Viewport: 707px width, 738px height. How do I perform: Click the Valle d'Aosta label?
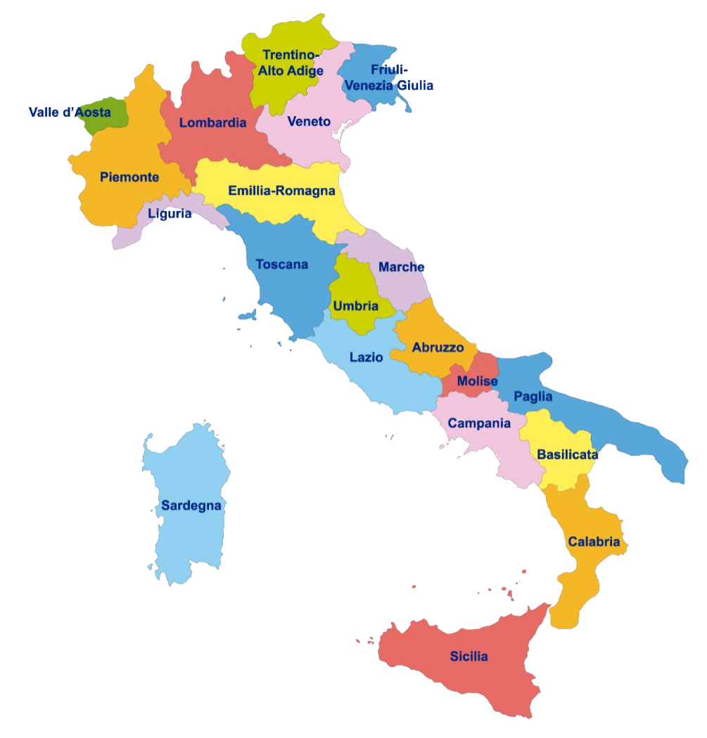click(x=70, y=112)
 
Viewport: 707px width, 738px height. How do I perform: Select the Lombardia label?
click(x=212, y=123)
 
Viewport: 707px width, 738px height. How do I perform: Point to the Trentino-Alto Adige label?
click(x=291, y=63)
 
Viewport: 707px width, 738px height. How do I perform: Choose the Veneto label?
click(x=309, y=122)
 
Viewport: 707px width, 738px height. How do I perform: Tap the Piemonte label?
click(x=129, y=177)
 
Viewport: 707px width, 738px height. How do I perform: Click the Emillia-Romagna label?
click(x=281, y=191)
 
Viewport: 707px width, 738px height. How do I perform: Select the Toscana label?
click(x=281, y=265)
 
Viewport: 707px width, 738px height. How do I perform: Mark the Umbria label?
click(x=355, y=306)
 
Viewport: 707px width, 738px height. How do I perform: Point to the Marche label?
click(x=401, y=267)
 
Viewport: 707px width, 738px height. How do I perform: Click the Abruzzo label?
click(x=438, y=348)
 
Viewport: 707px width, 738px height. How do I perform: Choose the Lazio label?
click(x=367, y=357)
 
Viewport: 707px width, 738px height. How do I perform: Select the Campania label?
click(x=479, y=424)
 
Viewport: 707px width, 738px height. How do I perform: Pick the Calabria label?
click(x=594, y=542)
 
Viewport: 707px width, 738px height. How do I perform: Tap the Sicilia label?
click(x=469, y=656)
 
